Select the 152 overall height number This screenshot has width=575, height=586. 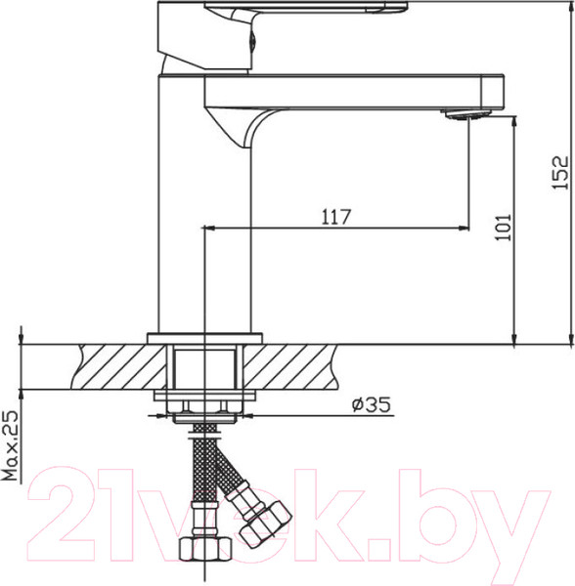(560, 172)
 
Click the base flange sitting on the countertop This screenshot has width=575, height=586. (204, 338)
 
